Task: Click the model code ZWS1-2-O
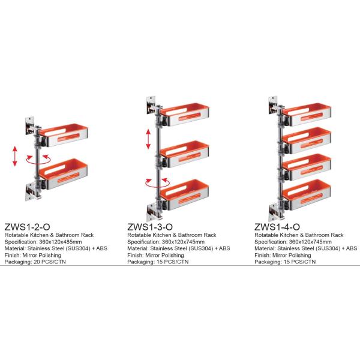[x=27, y=227]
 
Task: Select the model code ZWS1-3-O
[x=150, y=227]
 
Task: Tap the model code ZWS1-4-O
[x=277, y=227]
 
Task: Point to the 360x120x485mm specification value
[x=61, y=242]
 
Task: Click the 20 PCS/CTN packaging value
[x=50, y=262]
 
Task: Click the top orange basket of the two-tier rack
[x=64, y=135]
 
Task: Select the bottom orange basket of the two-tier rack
[x=64, y=173]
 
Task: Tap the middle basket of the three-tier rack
[x=185, y=154]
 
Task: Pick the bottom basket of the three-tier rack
[x=185, y=194]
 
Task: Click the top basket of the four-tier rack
[x=307, y=115]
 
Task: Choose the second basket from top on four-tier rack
[x=307, y=140]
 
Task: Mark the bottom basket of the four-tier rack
[x=307, y=194]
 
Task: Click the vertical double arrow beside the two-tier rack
[x=15, y=156]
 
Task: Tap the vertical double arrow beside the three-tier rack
[x=149, y=139]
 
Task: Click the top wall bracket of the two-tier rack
[x=31, y=126]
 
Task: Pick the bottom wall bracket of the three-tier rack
[x=152, y=212]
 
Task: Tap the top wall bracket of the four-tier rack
[x=274, y=105]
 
